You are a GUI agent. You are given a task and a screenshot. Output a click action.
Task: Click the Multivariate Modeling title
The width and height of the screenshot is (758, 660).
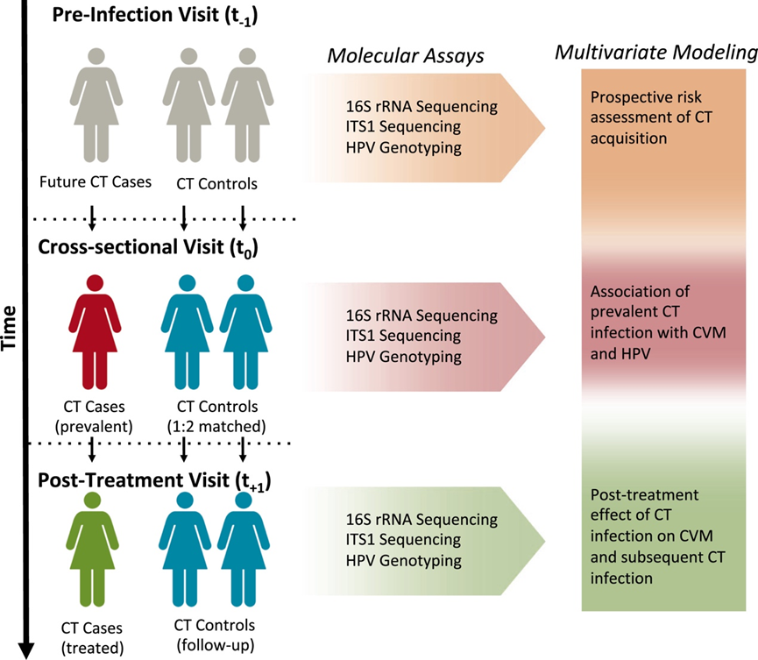point(656,53)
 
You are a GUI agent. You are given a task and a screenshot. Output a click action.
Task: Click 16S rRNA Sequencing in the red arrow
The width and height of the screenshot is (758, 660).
point(422,316)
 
